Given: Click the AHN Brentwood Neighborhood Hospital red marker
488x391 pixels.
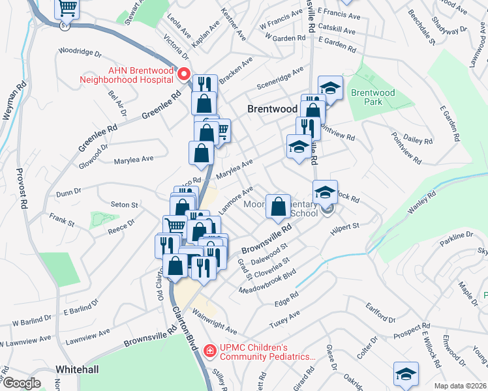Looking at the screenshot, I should pos(184,74).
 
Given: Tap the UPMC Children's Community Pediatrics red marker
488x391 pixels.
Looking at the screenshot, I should pos(209,351).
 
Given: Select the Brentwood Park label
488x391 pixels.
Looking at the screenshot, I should pos(373,97).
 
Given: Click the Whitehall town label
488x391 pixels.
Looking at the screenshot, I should pos(77,369).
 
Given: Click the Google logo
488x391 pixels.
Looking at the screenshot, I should pos(21,383).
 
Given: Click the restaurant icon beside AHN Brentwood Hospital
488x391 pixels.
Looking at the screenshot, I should pos(206,84).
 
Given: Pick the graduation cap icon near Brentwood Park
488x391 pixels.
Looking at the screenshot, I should pos(331,87).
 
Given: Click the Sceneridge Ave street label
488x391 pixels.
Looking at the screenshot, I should pos(281,78).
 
